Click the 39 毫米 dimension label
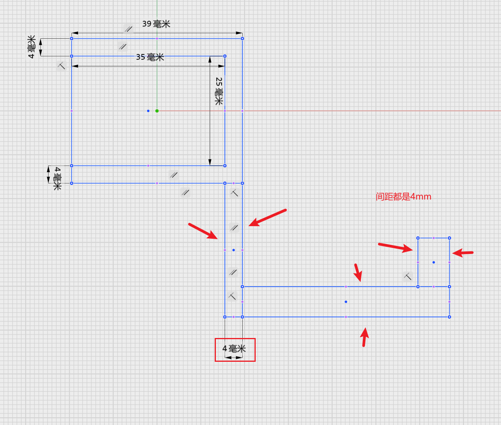pyautogui.click(x=156, y=24)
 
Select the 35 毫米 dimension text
pyautogui.click(x=150, y=57)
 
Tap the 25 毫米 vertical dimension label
pyautogui.click(x=219, y=91)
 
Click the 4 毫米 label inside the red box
pyautogui.click(x=234, y=349)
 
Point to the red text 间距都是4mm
pyautogui.click(x=403, y=197)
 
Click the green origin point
pyautogui.click(x=157, y=111)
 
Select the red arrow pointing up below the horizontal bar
pyautogui.click(x=365, y=337)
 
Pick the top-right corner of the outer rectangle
pyautogui.click(x=242, y=38)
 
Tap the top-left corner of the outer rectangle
pyautogui.click(x=72, y=38)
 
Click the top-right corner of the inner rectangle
pyautogui.click(x=225, y=56)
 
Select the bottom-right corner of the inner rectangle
pyautogui.click(x=225, y=166)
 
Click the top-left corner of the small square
pyautogui.click(x=418, y=238)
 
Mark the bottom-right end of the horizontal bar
pyautogui.click(x=449, y=317)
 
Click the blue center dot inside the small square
pyautogui.click(x=434, y=263)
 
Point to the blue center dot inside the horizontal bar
pyautogui.click(x=346, y=302)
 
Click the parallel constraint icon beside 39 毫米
pyautogui.click(x=128, y=29)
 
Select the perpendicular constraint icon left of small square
pyautogui.click(x=408, y=276)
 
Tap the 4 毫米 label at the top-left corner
pyautogui.click(x=31, y=47)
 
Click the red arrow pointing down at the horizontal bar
pyautogui.click(x=358, y=272)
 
